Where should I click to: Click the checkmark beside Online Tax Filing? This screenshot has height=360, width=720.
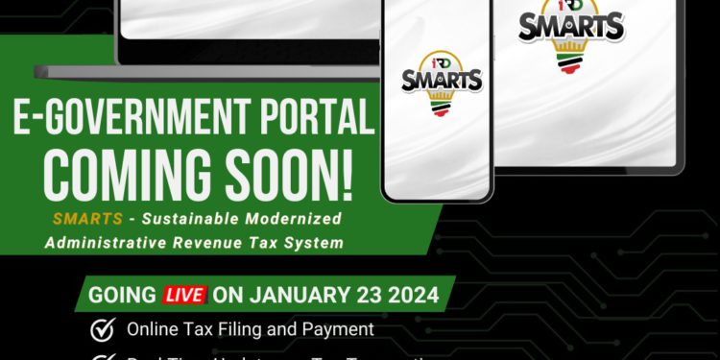tap(101, 329)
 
